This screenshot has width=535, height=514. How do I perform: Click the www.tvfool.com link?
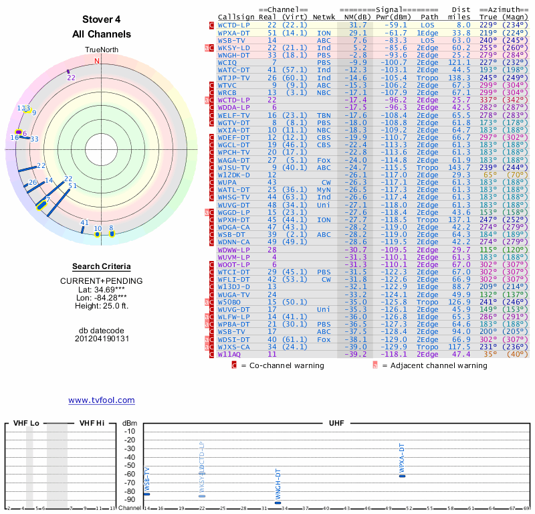[101, 400]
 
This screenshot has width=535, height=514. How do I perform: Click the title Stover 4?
[102, 19]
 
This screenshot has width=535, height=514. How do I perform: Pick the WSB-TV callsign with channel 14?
[231, 40]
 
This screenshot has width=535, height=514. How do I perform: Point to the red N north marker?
[97, 61]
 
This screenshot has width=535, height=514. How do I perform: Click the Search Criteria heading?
[101, 266]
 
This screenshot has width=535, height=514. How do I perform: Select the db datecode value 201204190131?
[102, 339]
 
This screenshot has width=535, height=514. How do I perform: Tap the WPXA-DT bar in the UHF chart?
[402, 476]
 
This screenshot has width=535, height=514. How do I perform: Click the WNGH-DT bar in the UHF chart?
[278, 503]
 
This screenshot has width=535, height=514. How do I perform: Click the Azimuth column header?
[502, 9]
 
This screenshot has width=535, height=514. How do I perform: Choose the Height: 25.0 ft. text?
[102, 306]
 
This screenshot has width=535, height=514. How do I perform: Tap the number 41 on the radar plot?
[84, 223]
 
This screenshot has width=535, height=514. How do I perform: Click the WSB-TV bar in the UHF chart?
[146, 495]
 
